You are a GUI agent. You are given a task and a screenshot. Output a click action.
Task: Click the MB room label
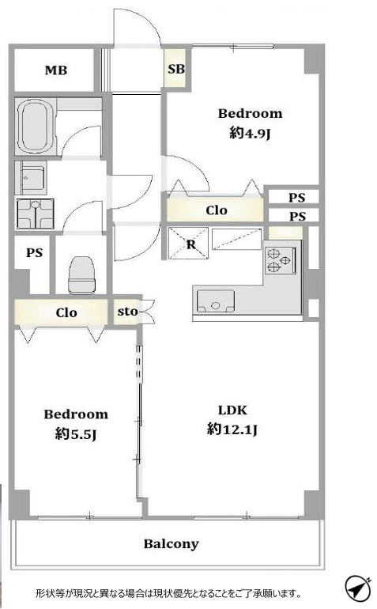pyautogui.click(x=56, y=70)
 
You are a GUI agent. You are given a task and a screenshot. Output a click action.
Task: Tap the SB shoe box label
pyautogui.click(x=176, y=69)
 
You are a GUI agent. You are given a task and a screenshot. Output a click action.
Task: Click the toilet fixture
pyautogui.click(x=81, y=274)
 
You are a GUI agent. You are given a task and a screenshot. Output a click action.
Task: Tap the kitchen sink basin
pyautogui.click(x=216, y=301)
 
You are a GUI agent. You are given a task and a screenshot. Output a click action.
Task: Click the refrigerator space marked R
pyautogui.click(x=189, y=244)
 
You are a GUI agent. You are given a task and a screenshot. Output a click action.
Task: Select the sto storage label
pyautogui.click(x=127, y=312)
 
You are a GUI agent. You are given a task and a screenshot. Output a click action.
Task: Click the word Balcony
pyautogui.click(x=171, y=544)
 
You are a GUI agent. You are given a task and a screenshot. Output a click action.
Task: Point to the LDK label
pyautogui.click(x=232, y=410)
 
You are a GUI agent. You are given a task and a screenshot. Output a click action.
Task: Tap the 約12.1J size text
pyautogui.click(x=232, y=429)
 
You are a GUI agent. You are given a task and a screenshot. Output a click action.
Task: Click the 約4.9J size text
pyautogui.click(x=250, y=134)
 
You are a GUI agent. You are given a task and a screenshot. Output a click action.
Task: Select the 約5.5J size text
pyautogui.click(x=76, y=433)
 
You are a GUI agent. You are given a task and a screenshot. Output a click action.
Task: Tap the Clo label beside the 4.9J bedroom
pyautogui.click(x=217, y=210)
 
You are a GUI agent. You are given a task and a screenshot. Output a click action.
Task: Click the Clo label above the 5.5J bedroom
pyautogui.click(x=66, y=312)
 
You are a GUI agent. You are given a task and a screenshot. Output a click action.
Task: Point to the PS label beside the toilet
pyautogui.click(x=34, y=253)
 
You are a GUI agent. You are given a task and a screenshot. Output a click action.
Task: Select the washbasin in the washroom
pyautogui.click(x=36, y=214)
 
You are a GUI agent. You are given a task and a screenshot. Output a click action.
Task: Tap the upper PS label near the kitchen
pyautogui.click(x=297, y=197)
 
